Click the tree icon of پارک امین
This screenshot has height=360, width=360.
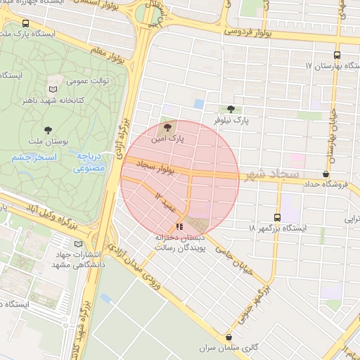(x=167, y=127)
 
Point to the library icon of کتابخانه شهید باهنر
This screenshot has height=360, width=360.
(x=53, y=89)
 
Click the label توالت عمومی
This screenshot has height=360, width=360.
(x=88, y=81)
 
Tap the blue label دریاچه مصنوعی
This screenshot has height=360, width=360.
(x=89, y=162)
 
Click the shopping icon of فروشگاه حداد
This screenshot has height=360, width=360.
(x=326, y=173)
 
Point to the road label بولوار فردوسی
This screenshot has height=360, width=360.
(x=249, y=32)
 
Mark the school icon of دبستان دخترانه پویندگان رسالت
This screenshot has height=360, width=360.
(x=179, y=226)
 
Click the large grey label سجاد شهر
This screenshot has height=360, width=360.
(x=271, y=174)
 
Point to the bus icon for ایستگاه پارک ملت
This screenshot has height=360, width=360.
(x=26, y=23)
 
